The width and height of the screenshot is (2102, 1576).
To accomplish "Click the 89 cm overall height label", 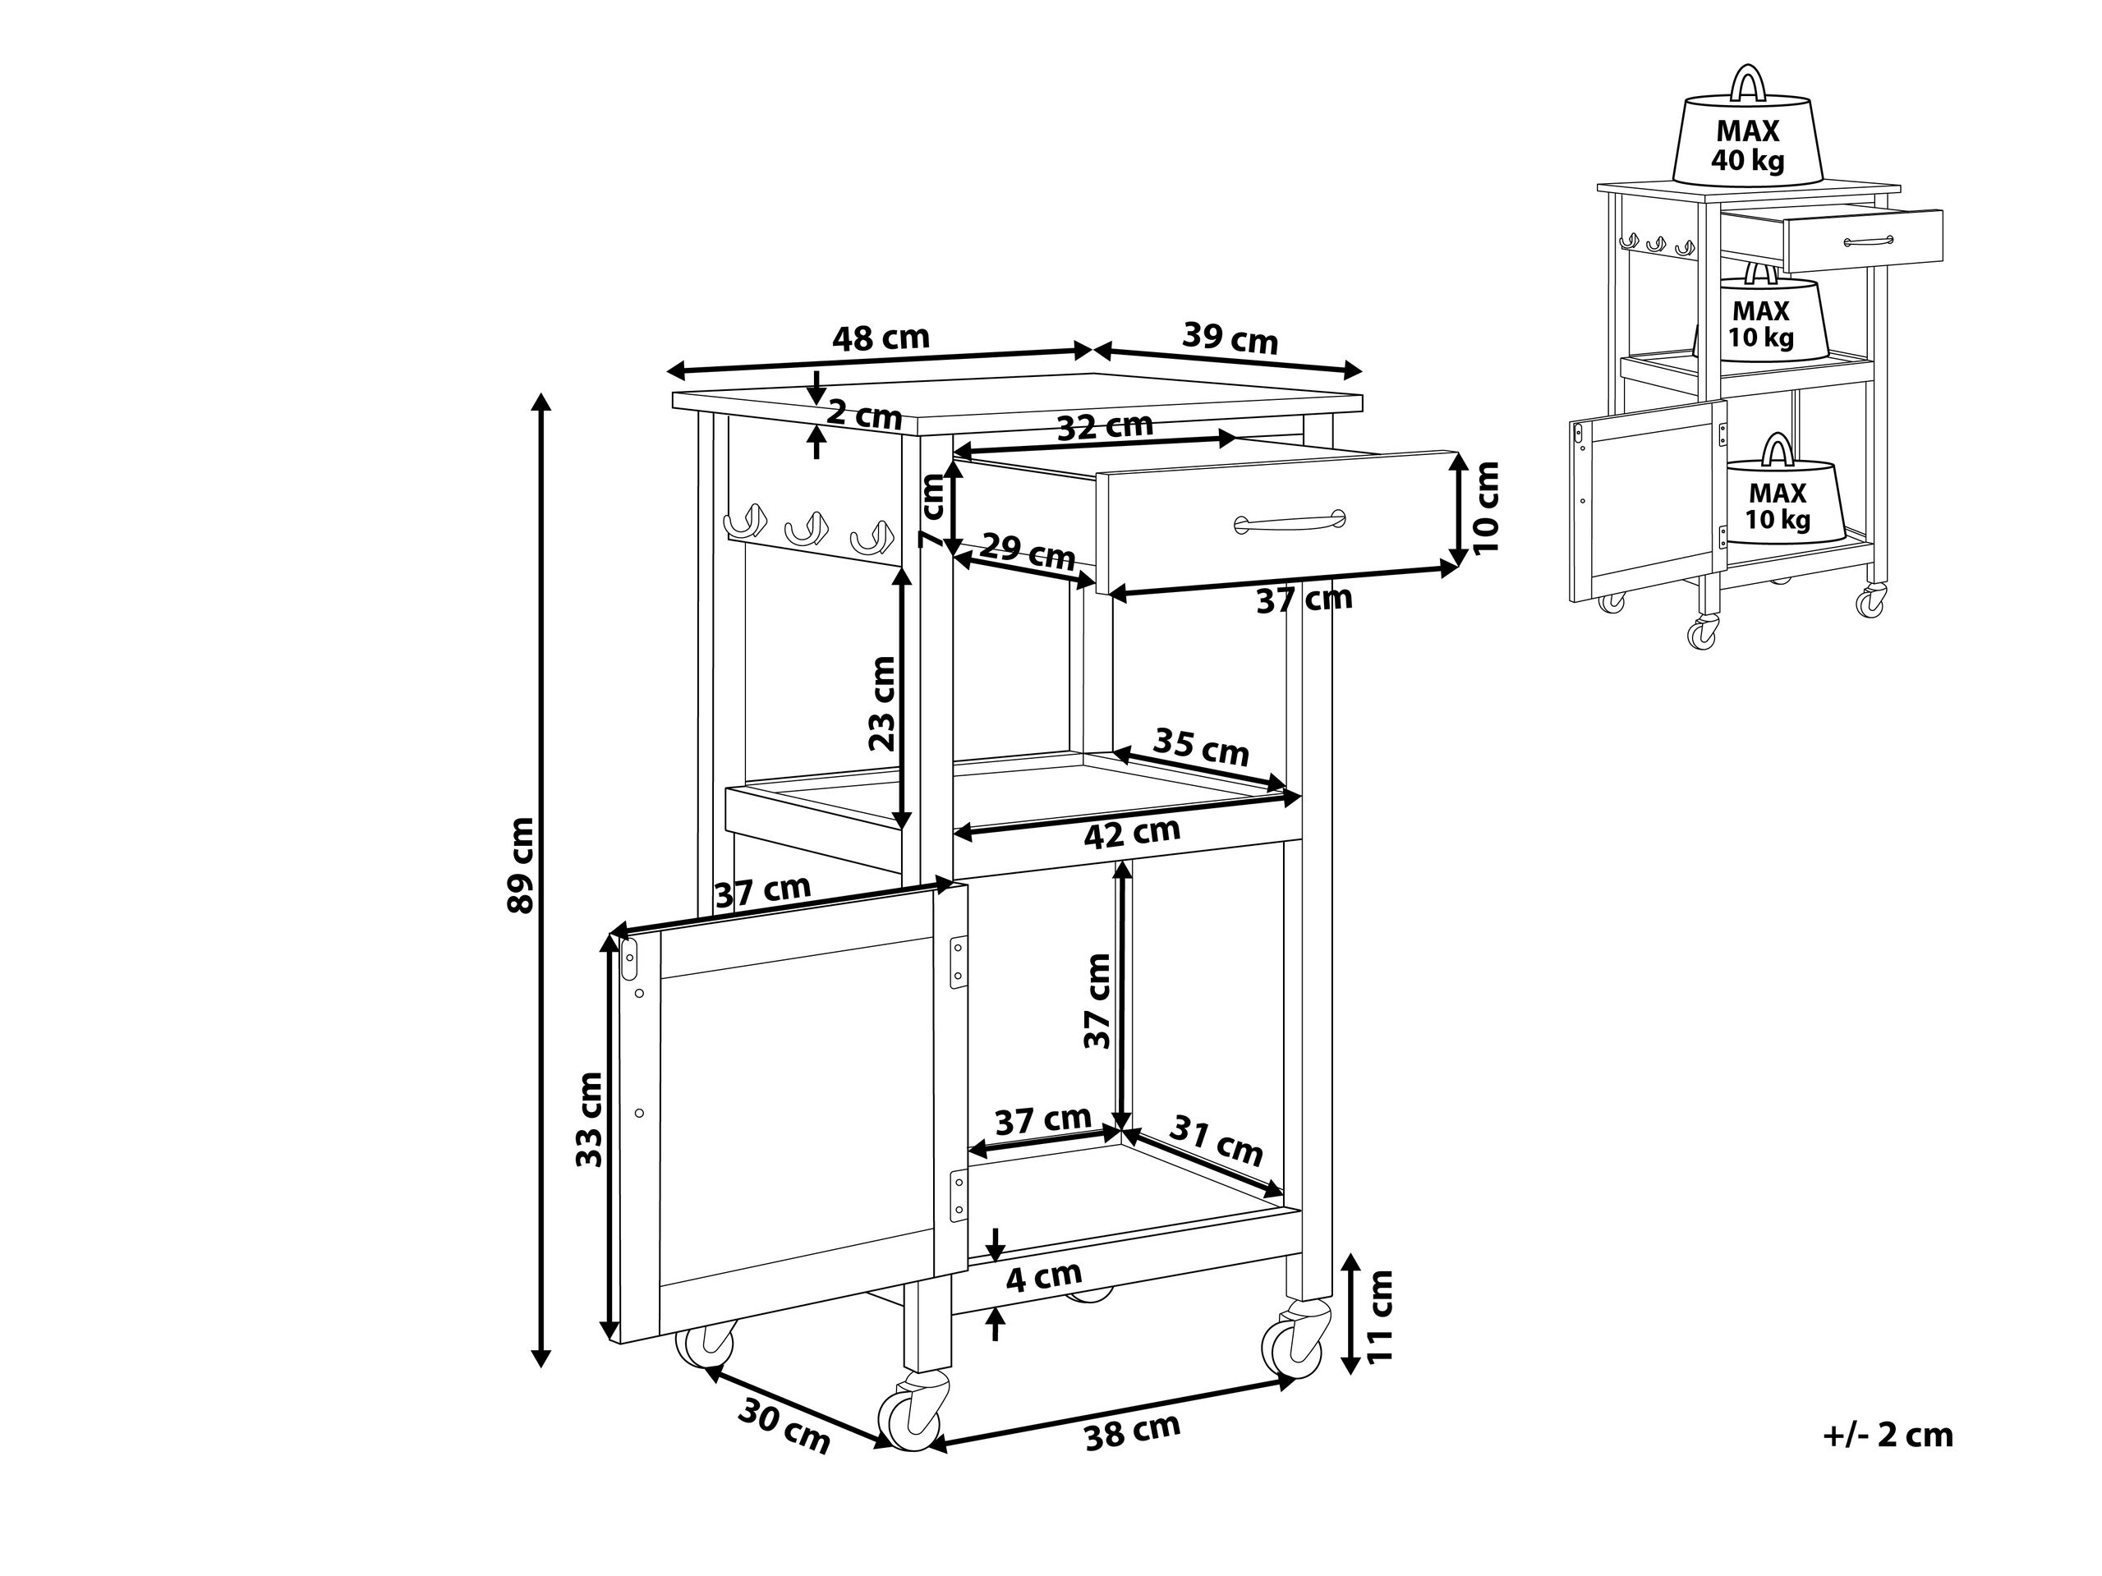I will [522, 865].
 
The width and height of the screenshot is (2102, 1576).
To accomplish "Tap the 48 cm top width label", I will [880, 338].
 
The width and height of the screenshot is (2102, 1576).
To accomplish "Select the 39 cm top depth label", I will [1230, 338].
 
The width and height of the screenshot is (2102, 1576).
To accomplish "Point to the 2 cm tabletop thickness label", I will [864, 415].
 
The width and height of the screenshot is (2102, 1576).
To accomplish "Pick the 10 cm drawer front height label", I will [1485, 508].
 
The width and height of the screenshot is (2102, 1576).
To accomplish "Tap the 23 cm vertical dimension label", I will [883, 704].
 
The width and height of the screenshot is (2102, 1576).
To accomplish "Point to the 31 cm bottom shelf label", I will [1216, 1141].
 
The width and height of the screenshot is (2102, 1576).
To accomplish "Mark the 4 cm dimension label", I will [1043, 1278].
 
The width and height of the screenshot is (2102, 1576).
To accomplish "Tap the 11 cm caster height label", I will [1379, 1316].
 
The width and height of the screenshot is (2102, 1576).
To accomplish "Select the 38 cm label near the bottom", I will [1132, 1431].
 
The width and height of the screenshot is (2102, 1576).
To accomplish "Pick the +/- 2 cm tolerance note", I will [1888, 1435].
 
